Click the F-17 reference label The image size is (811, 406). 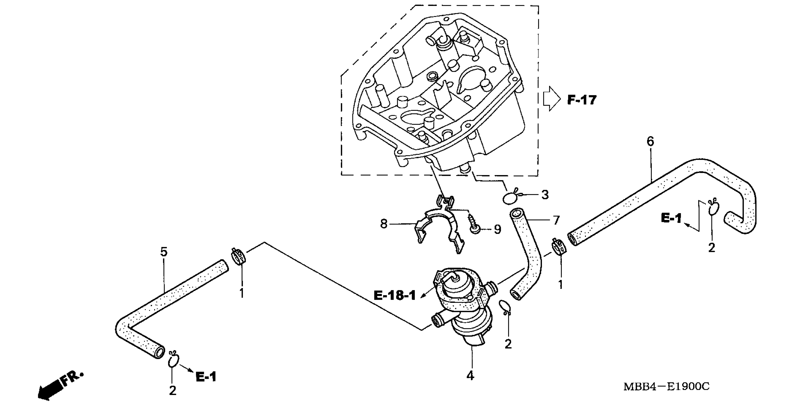point(582,100)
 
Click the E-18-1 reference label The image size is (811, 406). point(395,295)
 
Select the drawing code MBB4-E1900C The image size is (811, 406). point(666,386)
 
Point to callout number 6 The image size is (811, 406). point(650,142)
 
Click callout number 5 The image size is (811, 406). point(164,252)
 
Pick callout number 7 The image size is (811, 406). point(556,220)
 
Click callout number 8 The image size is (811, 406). point(384,224)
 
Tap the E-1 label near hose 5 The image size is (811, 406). point(206,377)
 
